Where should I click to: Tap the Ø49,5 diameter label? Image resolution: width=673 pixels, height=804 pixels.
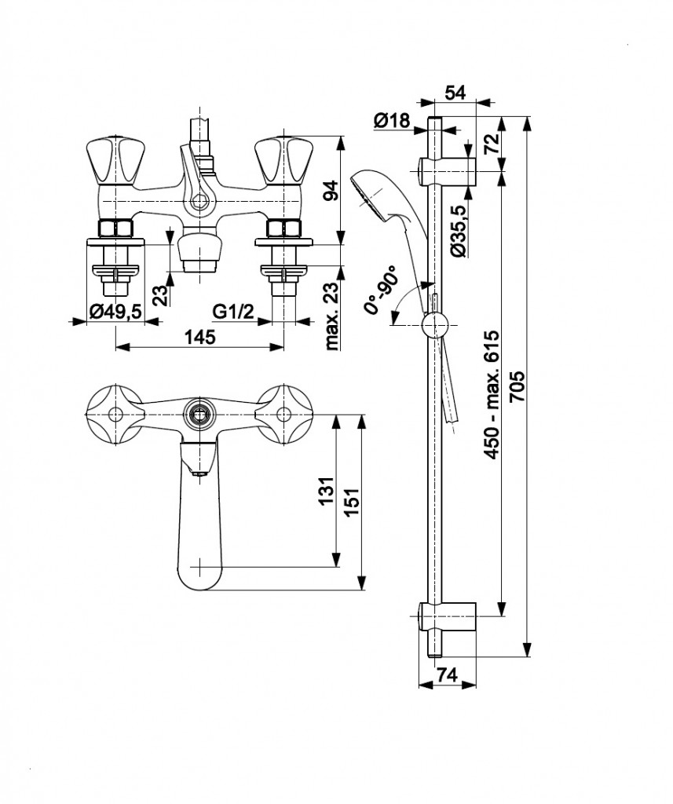pos(115,312)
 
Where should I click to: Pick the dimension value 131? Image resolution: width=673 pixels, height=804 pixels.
pos(326,492)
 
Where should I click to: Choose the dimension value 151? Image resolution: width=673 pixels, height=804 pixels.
pos(352,499)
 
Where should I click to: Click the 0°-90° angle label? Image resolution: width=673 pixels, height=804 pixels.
pos(382,289)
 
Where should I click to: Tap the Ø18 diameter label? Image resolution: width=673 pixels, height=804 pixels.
pos(393,120)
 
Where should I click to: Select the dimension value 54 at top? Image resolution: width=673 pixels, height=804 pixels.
pos(455,92)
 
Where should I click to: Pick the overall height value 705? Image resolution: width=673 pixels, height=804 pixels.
pos(518,386)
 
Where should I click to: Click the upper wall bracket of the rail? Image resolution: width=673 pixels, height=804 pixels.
pos(447,170)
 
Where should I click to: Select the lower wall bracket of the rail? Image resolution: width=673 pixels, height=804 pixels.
pos(447,616)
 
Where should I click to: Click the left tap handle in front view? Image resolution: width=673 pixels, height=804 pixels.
pos(112,160)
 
